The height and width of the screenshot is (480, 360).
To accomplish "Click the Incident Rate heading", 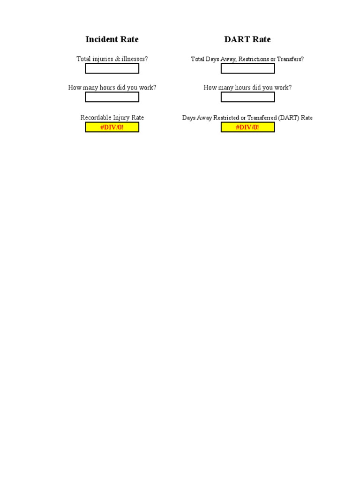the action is click(x=112, y=39).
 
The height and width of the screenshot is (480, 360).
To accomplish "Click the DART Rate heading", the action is click(x=247, y=39).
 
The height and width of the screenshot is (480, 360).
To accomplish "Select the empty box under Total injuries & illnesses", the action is click(x=112, y=68).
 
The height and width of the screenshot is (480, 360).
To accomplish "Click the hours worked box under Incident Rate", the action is click(x=112, y=97).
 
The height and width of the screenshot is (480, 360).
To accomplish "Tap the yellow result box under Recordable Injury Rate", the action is click(x=112, y=127).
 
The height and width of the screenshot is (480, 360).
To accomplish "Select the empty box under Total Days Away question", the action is click(x=247, y=68).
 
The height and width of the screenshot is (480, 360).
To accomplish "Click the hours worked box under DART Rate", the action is click(x=247, y=97).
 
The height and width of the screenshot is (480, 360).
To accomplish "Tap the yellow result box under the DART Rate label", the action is click(x=247, y=127).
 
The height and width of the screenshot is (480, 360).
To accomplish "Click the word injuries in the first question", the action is click(x=102, y=59).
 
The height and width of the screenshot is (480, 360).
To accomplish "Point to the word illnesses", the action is click(x=135, y=59).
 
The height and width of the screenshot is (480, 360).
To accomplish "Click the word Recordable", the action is click(x=96, y=118).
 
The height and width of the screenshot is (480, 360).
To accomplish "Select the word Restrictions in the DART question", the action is click(x=253, y=59).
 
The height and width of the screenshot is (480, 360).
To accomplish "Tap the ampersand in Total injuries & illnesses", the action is click(x=117, y=59).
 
